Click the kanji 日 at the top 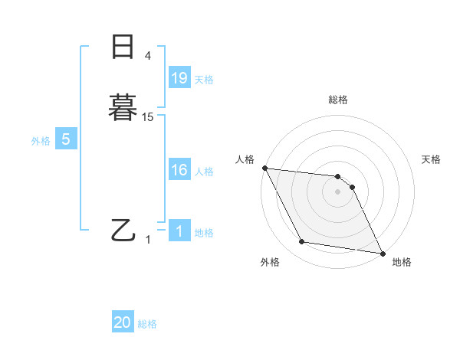point(123,47)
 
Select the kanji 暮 point(123,106)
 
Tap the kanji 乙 point(123,229)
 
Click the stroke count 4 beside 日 point(148,56)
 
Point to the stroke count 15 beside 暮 point(148,117)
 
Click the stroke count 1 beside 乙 point(148,239)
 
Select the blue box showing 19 point(179,77)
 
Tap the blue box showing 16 point(179,170)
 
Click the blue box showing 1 point(179,231)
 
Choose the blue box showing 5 point(66,139)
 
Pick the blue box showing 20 point(123,323)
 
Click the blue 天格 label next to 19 point(204,79)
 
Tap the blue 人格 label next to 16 point(204,172)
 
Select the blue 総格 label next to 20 point(147,325)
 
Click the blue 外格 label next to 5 point(40,141)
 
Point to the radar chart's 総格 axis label point(338,100)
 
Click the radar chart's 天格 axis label point(432,159)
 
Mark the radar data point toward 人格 point(264,168)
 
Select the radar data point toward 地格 point(382,252)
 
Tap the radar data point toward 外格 point(301,242)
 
